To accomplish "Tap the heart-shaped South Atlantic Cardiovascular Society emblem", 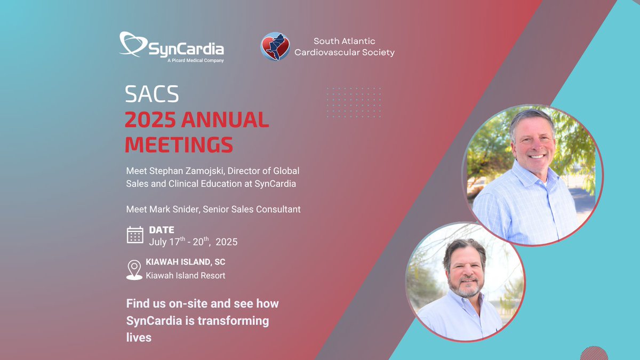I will tap(275, 47).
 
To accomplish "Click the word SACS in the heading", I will tap(152, 94).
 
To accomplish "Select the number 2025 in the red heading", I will tap(150, 121).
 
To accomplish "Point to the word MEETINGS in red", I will tap(179, 145).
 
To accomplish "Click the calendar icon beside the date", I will tap(135, 235).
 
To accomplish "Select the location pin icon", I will tap(134, 269).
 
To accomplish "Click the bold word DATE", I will tap(161, 230).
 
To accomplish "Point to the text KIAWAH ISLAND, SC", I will tap(186, 262).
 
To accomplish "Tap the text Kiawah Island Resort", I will tap(186, 276).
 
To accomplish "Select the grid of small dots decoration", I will tap(353, 102).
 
